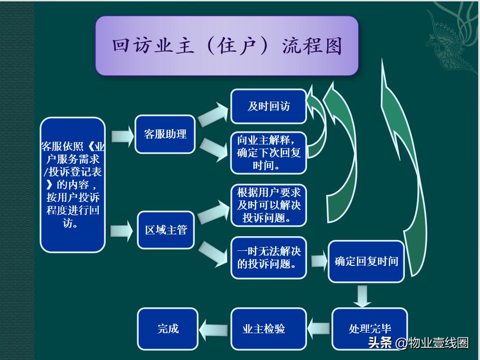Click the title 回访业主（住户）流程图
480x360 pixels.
(x=227, y=46)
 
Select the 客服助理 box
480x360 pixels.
(x=165, y=134)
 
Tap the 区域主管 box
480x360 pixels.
(x=165, y=230)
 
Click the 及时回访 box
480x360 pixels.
(x=268, y=106)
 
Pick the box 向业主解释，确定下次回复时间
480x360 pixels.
(x=268, y=153)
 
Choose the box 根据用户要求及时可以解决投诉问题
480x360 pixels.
(x=268, y=205)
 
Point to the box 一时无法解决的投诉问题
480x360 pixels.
(x=268, y=257)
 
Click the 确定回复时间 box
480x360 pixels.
(x=366, y=262)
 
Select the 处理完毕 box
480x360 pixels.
(x=370, y=328)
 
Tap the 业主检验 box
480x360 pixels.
(x=268, y=328)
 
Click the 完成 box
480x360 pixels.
(x=168, y=328)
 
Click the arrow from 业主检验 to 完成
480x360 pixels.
(x=214, y=328)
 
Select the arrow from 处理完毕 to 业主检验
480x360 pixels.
(x=319, y=328)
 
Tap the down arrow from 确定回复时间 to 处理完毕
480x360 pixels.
(x=362, y=296)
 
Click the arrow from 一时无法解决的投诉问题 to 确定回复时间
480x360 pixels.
(x=318, y=261)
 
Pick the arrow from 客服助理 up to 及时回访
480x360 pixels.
(x=212, y=115)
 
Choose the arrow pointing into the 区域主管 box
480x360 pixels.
(x=122, y=231)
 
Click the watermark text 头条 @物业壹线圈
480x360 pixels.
(x=418, y=343)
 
